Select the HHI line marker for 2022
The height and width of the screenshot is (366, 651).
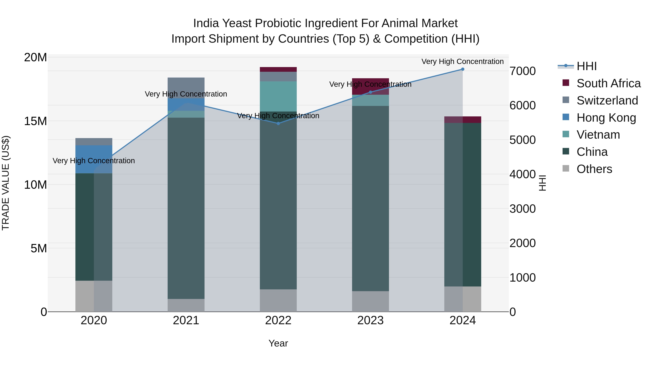(278, 123)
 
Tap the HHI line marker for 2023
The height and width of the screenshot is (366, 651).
(371, 92)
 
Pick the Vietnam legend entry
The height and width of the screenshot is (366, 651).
(598, 135)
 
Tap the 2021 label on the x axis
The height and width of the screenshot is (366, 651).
(186, 320)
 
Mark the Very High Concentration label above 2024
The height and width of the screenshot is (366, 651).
(462, 61)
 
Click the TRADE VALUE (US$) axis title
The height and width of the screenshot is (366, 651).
(6, 183)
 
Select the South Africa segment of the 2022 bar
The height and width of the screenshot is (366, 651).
(278, 69)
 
